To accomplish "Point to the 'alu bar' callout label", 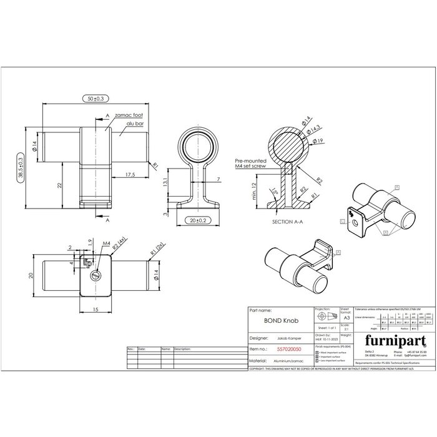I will (134, 124).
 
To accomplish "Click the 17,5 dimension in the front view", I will (130, 175).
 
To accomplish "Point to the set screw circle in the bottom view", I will (95, 275).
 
